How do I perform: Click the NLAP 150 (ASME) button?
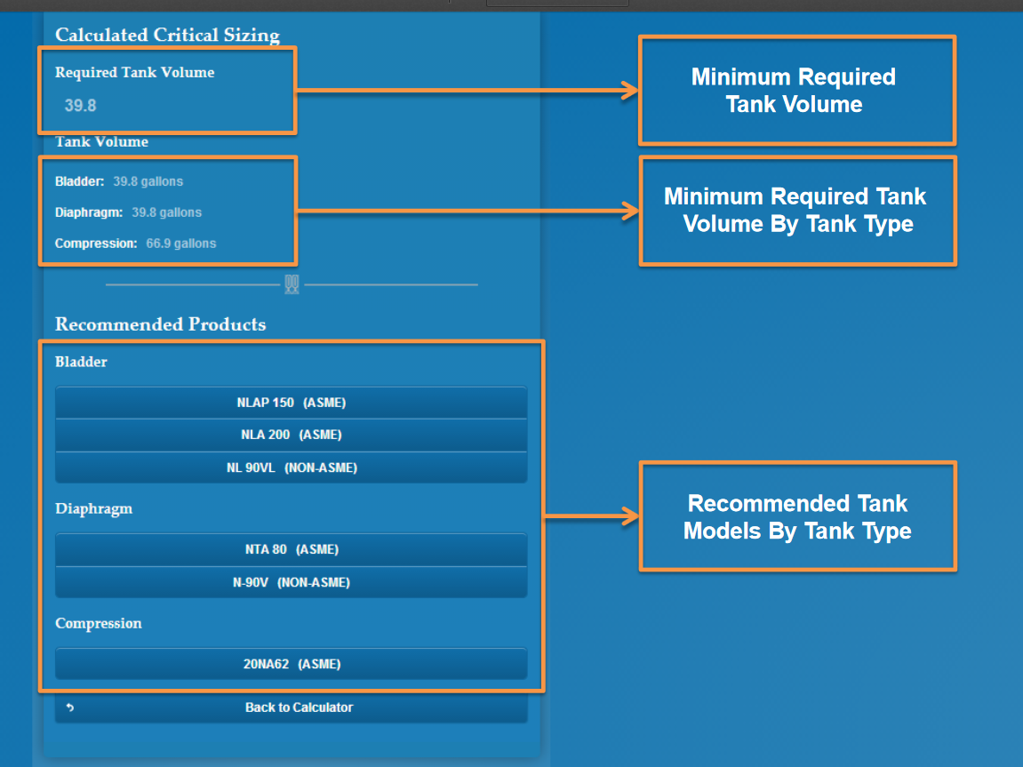(x=291, y=403)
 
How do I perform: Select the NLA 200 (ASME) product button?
(x=291, y=435)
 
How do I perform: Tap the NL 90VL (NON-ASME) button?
(x=291, y=467)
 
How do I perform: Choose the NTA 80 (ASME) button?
(x=291, y=549)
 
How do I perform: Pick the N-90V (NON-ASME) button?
(x=291, y=582)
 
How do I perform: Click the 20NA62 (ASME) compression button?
(x=291, y=664)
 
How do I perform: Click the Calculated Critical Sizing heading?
(x=167, y=36)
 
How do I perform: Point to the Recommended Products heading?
(x=160, y=324)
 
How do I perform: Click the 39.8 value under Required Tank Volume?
(x=80, y=106)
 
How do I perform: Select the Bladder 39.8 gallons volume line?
(x=119, y=181)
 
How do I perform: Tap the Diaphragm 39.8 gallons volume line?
(x=128, y=212)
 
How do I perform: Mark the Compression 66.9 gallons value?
(x=180, y=244)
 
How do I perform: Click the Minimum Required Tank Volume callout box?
(x=796, y=91)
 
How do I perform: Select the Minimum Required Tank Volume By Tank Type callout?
(x=796, y=211)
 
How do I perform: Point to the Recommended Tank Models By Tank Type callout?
(x=796, y=516)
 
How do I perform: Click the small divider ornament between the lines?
(x=292, y=284)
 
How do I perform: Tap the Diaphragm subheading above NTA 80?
(x=93, y=509)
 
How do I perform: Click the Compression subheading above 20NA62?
(x=98, y=624)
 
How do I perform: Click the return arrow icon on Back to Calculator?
(x=70, y=708)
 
